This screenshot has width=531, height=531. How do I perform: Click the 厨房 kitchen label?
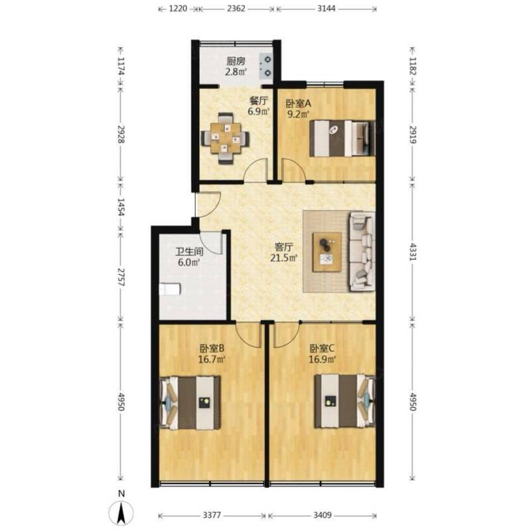pos(236,62)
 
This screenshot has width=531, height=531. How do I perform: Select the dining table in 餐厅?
pos(225,138)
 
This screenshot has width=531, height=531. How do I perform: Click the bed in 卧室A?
pos(342,138)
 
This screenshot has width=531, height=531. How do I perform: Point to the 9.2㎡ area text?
pos(298,114)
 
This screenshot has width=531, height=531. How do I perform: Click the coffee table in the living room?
pos(327,252)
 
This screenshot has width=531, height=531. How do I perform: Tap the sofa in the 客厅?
pos(362,252)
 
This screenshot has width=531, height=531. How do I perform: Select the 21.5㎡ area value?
pos(284,258)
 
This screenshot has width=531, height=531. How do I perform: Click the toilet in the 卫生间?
pos(170,289)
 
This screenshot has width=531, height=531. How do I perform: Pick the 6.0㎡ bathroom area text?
pos(189,262)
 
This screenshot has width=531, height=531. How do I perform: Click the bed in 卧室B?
pos(190,403)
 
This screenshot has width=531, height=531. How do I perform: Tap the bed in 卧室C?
pos(344,401)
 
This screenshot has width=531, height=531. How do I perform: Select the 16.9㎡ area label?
pos(322,359)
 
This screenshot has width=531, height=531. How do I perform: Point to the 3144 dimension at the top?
pos(327,9)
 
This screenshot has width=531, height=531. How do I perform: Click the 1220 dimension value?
pos(178,9)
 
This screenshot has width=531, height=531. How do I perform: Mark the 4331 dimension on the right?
pos(413,252)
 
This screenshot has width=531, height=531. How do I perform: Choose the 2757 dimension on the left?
pos(121,277)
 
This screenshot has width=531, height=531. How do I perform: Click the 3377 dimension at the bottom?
pos(212,515)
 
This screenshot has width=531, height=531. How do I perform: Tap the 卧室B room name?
pos(212,348)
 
